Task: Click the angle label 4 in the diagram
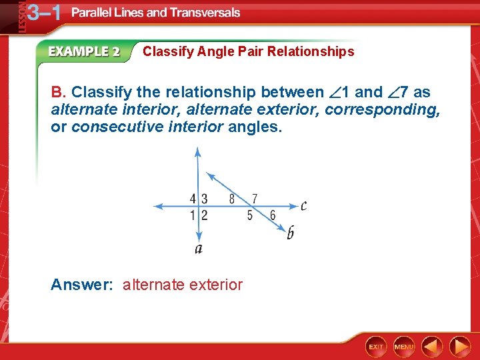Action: [193, 199]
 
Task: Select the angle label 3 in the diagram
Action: [204, 199]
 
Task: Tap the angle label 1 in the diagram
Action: [193, 215]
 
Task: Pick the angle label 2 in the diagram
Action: [204, 215]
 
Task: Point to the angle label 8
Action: [232, 199]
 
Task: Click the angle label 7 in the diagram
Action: [255, 199]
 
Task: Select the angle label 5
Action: [250, 215]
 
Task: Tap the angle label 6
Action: [273, 215]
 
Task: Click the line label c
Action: [303, 205]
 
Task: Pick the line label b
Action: [290, 233]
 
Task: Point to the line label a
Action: [198, 249]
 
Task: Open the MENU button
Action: [404, 347]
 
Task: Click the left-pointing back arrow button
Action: [432, 347]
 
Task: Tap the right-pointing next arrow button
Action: [459, 347]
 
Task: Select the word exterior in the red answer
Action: [216, 285]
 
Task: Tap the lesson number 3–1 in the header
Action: [44, 13]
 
